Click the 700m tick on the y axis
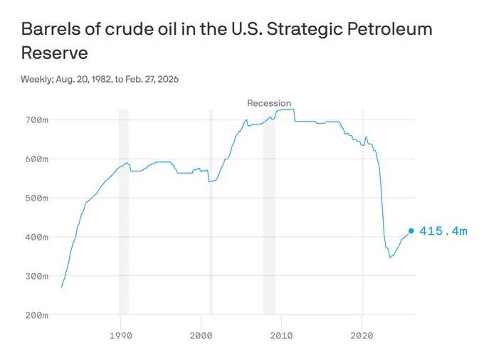point(37,120)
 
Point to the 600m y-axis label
point(37,159)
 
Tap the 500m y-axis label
point(37,198)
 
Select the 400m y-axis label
point(37,237)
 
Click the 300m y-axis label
point(37,276)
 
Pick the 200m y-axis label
point(37,315)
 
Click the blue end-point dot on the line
point(411,231)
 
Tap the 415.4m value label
point(443,231)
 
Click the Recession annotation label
point(269,103)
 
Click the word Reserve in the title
point(55,53)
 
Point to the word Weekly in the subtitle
point(38,79)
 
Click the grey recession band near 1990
point(123,213)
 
